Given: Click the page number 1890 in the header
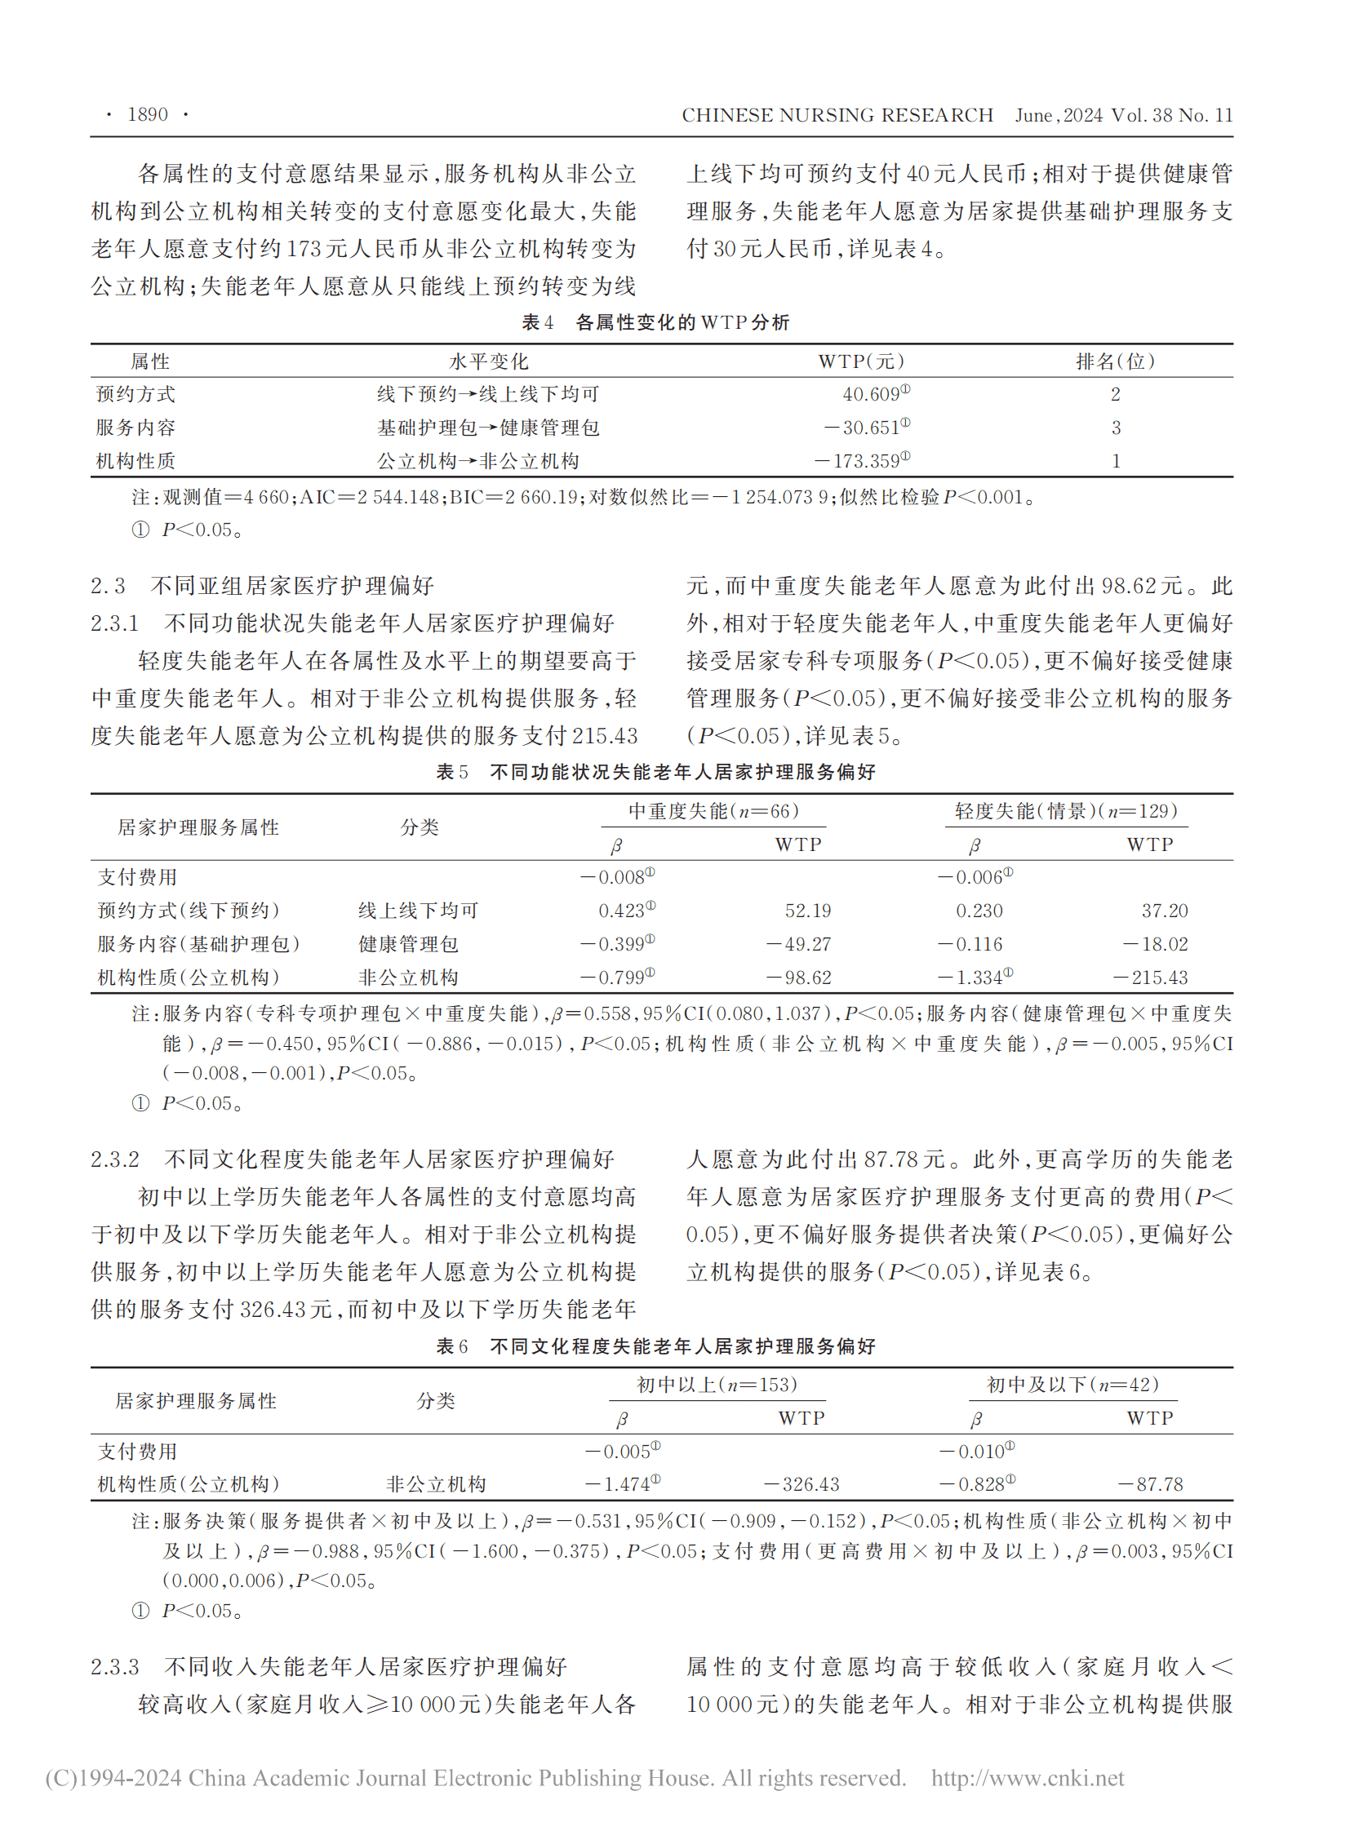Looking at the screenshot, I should point(147,114).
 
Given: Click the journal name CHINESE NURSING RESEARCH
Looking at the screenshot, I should point(837,115).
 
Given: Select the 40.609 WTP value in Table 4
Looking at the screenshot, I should point(871,395).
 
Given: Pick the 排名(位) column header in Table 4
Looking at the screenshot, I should point(1115,362).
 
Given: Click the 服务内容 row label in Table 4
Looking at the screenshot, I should point(135,428).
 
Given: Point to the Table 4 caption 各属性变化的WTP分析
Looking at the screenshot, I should point(682,323).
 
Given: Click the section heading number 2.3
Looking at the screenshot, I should point(108,586).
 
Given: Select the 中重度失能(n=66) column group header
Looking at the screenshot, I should point(713,811).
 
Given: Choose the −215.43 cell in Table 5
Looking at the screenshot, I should point(1150,978).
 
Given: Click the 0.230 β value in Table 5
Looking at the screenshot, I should point(979,911).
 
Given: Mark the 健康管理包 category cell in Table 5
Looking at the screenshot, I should point(408,945).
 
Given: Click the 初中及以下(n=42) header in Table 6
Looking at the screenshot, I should point(1072,1385).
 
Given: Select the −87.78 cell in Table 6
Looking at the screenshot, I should point(1150,1484).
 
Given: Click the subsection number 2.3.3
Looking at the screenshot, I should point(115,1667).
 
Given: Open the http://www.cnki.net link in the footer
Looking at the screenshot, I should point(1028,1779).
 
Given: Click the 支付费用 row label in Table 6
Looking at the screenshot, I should point(137,1452).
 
